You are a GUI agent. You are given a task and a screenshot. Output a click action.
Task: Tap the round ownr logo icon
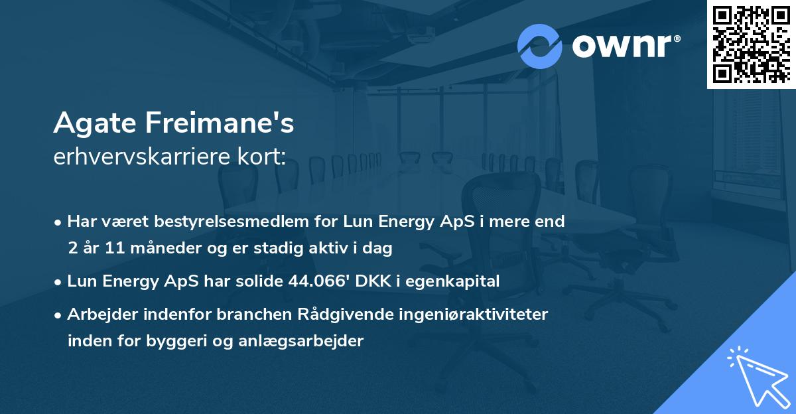(539, 46)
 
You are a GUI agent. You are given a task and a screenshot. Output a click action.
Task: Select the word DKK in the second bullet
(372, 281)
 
